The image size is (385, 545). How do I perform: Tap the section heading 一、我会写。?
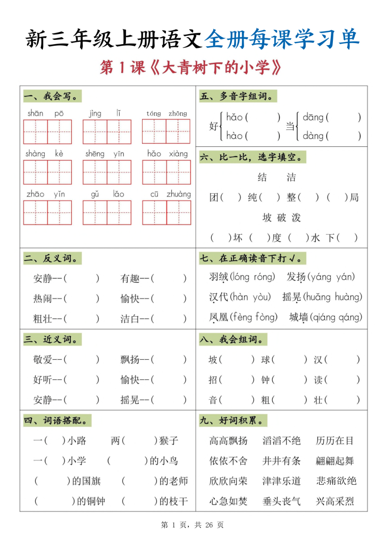[53, 96]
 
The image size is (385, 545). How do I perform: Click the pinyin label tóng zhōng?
[166, 113]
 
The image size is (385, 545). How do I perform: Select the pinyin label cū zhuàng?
[166, 194]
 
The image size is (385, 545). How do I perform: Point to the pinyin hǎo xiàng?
[167, 154]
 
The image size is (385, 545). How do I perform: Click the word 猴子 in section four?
[169, 441]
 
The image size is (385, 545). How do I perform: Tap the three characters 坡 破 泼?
[282, 218]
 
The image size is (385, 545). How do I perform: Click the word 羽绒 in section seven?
[219, 277]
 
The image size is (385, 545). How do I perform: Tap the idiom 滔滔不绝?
[281, 441]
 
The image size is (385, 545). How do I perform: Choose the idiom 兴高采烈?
[334, 501]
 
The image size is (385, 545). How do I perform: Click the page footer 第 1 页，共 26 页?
[192, 525]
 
